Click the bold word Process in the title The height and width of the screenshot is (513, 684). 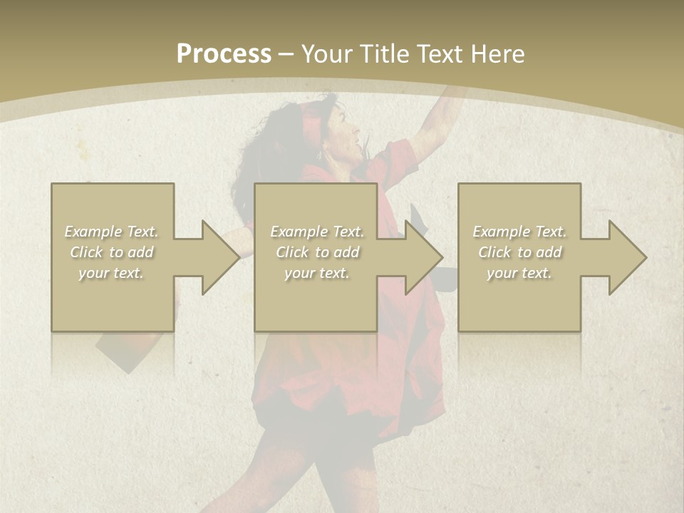(x=224, y=54)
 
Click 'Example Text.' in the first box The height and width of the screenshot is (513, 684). (x=112, y=232)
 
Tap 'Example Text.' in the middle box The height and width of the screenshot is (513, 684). (x=317, y=232)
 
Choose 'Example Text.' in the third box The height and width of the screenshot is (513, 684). (x=519, y=232)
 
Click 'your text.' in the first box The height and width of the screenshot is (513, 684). (x=112, y=273)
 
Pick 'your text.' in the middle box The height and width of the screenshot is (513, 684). (x=317, y=273)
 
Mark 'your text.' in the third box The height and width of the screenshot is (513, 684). (x=519, y=273)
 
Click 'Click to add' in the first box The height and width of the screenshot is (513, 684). (x=112, y=252)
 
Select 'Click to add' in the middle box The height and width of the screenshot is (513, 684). (x=317, y=252)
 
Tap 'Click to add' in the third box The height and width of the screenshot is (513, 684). (x=519, y=252)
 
